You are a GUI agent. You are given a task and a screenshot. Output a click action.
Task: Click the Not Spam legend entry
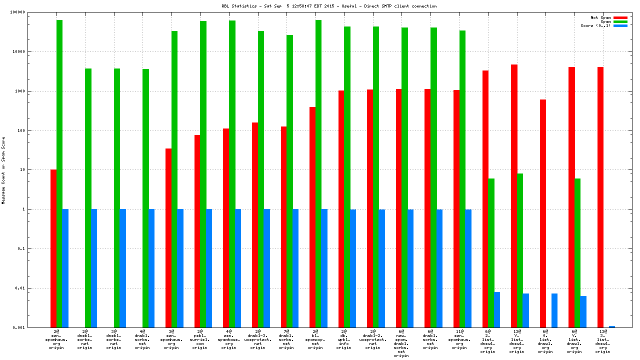(600, 17)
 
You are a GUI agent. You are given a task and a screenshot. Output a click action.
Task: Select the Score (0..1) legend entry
(595, 25)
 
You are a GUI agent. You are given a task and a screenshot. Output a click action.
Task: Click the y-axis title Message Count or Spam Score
(3, 170)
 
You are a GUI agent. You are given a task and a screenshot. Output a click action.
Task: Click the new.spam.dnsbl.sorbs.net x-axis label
(401, 343)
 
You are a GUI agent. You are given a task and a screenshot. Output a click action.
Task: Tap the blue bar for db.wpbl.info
(352, 268)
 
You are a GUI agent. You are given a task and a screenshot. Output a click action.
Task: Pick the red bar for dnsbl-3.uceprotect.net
(255, 225)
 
